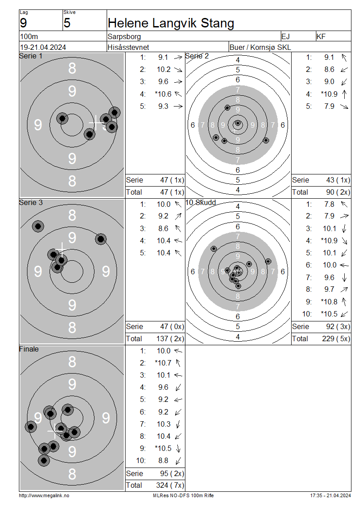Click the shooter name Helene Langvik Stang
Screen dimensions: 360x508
[x=171, y=23]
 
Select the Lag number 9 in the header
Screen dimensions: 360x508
[x=23, y=23]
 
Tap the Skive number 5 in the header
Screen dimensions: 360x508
[x=67, y=23]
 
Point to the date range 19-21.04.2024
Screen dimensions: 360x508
[x=43, y=47]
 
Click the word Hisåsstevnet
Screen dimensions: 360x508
[x=128, y=47]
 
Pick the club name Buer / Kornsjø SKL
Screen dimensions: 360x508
[x=260, y=47]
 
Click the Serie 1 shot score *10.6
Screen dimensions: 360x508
[x=163, y=94]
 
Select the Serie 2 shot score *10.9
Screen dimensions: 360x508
[x=329, y=94]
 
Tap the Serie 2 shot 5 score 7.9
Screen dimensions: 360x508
[x=329, y=106]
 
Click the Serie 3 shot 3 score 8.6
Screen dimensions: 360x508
[x=163, y=228]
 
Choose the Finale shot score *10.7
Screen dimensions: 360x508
[x=163, y=363]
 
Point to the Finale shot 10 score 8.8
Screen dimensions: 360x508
[x=163, y=460]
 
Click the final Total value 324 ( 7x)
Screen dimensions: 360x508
[x=170, y=485]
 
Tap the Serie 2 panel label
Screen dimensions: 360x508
[x=197, y=56]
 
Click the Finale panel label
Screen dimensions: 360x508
[x=29, y=349]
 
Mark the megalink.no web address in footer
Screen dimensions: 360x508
[x=44, y=495]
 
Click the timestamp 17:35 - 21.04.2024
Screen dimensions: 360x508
[x=330, y=495]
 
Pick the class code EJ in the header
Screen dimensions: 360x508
[x=285, y=36]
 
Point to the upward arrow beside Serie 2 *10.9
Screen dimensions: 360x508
[x=344, y=94]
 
